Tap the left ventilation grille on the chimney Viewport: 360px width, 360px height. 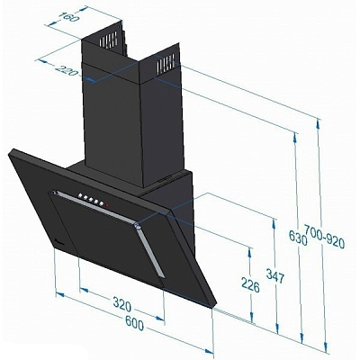[108, 42]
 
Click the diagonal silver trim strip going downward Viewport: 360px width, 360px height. [150, 257]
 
